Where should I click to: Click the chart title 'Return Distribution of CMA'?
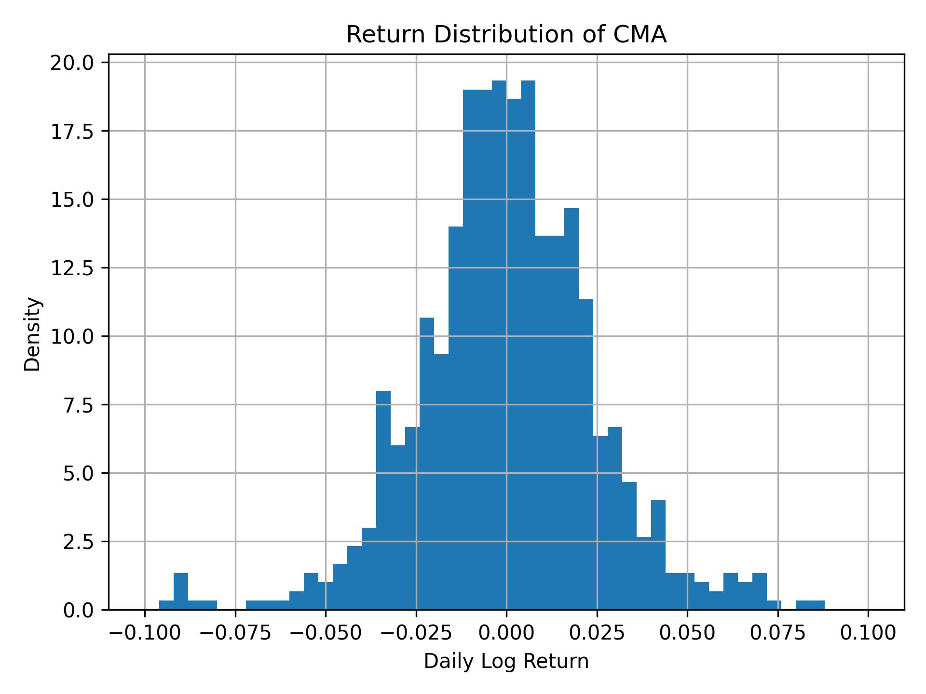coord(506,35)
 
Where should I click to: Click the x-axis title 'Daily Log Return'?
coord(506,661)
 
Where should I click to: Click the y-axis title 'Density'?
coord(33,334)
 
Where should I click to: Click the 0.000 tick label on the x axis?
coord(506,633)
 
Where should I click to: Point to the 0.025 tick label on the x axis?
coord(597,633)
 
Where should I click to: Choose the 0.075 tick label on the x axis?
coord(778,633)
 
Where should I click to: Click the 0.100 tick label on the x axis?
coord(868,633)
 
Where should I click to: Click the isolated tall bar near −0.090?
coord(181,591)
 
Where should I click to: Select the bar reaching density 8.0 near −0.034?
coord(383,501)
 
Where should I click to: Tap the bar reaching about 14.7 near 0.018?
coord(572,410)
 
